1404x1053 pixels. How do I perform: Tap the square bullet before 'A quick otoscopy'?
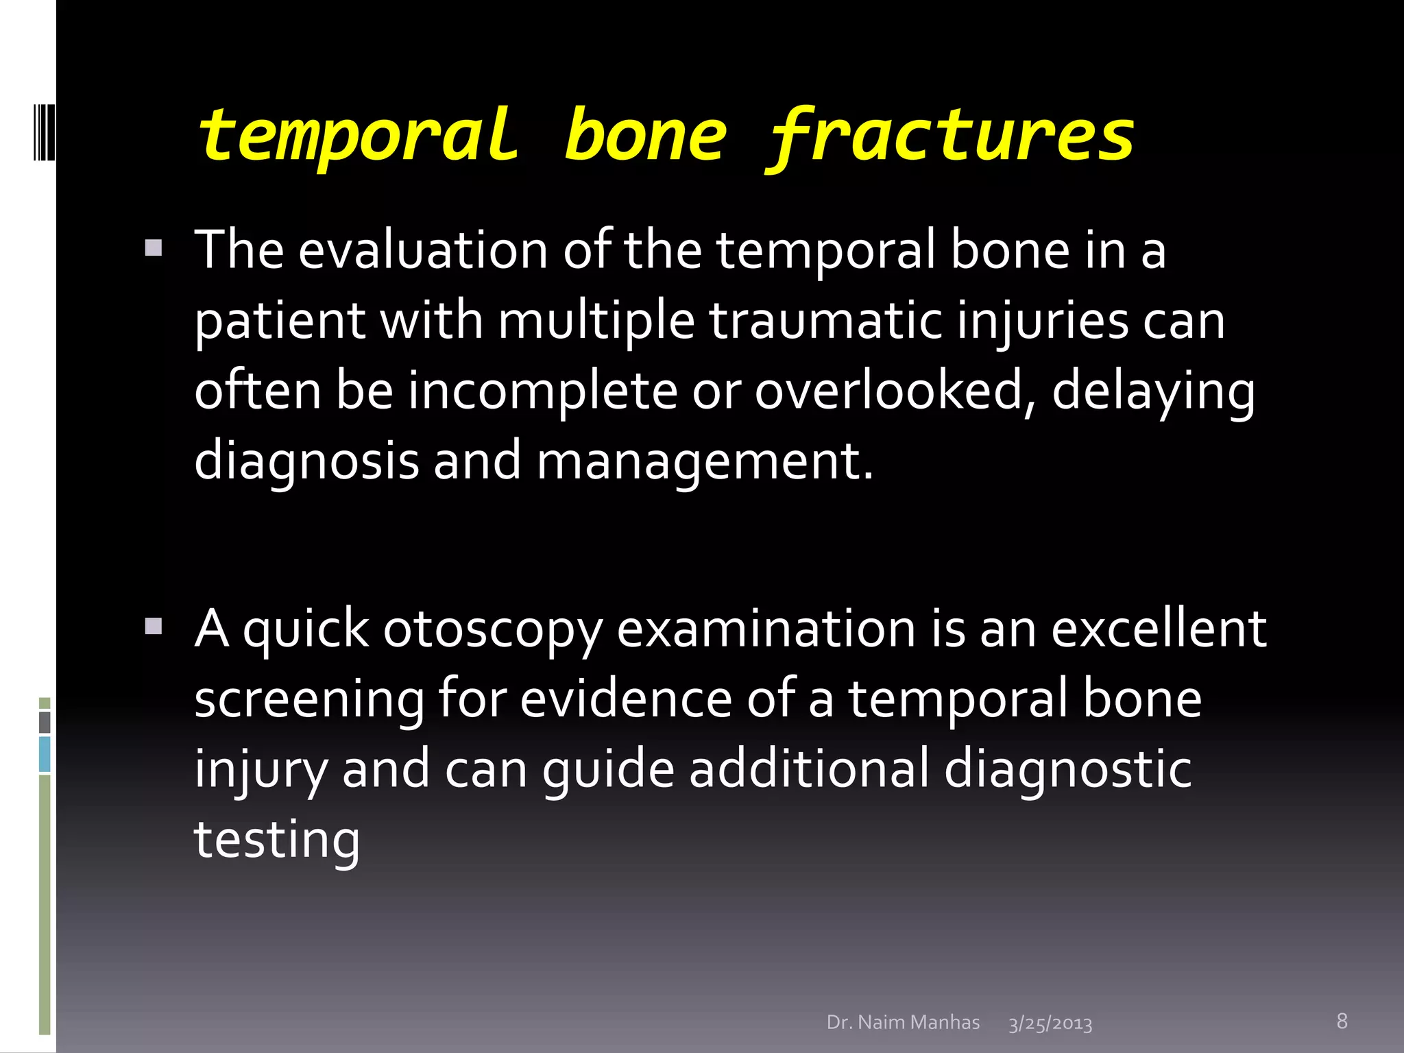pos(154,626)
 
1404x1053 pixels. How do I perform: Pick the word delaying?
pos(1153,392)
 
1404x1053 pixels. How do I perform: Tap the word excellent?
pos(1159,629)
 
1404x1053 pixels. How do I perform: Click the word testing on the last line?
pos(277,840)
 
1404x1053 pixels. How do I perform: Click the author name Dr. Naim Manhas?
pos(903,1022)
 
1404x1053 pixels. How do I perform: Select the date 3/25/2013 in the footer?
pos(1050,1024)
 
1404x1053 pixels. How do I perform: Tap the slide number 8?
pos(1342,1021)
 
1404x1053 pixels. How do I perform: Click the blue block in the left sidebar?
pos(45,754)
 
